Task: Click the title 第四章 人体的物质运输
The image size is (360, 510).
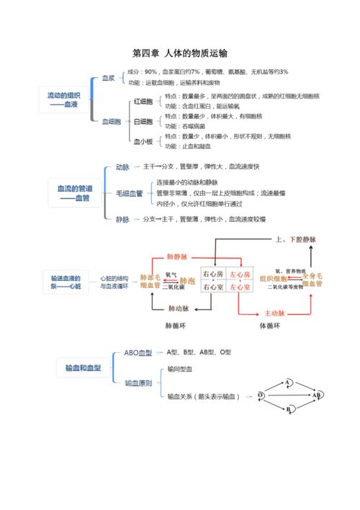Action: pos(180,53)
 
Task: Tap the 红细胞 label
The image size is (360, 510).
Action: pos(144,102)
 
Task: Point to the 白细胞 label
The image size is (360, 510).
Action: pos(144,122)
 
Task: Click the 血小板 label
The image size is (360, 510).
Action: pos(144,142)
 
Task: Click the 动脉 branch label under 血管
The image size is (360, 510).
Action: pos(122,167)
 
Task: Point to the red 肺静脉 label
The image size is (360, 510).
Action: pos(176,256)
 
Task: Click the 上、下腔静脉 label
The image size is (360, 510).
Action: pos(295,239)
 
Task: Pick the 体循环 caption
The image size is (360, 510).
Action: pos(269,326)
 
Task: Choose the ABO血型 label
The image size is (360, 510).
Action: pos(138,353)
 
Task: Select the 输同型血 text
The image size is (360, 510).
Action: pos(180,368)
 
